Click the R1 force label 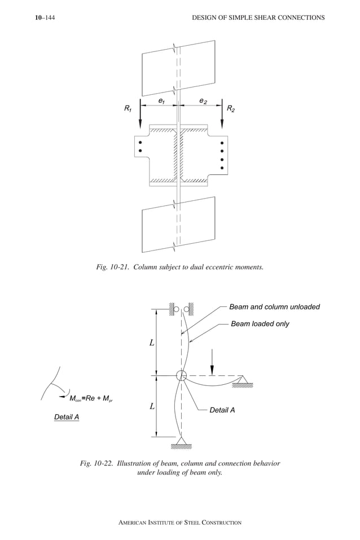(x=128, y=108)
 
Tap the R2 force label (x=231, y=108)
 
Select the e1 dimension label (x=161, y=100)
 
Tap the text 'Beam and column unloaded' (x=274, y=307)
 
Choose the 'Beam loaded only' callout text (x=260, y=324)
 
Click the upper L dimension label (x=152, y=343)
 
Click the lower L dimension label (x=152, y=406)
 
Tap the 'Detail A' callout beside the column (x=222, y=410)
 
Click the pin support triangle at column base (x=181, y=441)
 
